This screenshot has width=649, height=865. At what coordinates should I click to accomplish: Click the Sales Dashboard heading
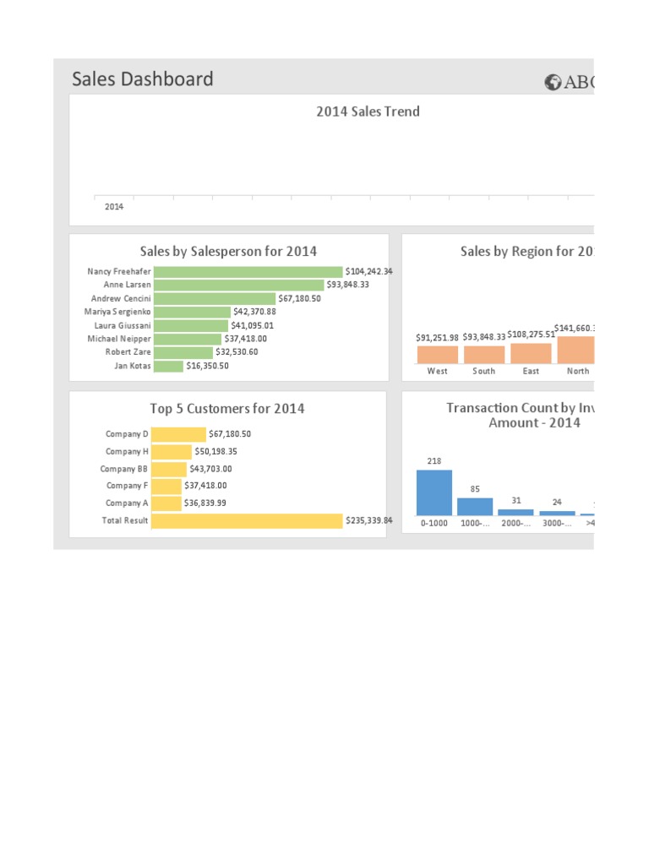click(142, 79)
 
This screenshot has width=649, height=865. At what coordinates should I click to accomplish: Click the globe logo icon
click(554, 82)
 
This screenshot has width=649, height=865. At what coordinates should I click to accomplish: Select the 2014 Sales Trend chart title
click(368, 112)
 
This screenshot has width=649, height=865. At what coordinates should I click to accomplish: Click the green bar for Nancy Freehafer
click(248, 271)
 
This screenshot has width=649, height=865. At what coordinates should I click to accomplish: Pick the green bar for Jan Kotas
click(169, 366)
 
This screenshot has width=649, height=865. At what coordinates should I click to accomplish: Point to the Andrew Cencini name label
click(121, 298)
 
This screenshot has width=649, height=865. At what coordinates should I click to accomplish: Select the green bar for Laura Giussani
click(192, 325)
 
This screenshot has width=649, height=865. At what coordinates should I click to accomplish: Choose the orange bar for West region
click(438, 354)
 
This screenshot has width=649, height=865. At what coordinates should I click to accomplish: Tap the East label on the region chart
click(531, 371)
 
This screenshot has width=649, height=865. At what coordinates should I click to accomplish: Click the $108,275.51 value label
click(532, 334)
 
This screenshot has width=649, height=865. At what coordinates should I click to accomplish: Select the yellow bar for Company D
click(180, 434)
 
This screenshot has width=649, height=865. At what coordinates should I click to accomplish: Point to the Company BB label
click(123, 469)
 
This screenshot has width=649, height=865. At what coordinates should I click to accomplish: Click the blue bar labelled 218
click(434, 492)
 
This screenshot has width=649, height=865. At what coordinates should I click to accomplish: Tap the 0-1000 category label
click(434, 524)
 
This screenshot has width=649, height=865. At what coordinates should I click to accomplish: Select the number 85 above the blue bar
click(475, 488)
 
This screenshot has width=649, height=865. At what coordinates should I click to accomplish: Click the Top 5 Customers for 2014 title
click(227, 409)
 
